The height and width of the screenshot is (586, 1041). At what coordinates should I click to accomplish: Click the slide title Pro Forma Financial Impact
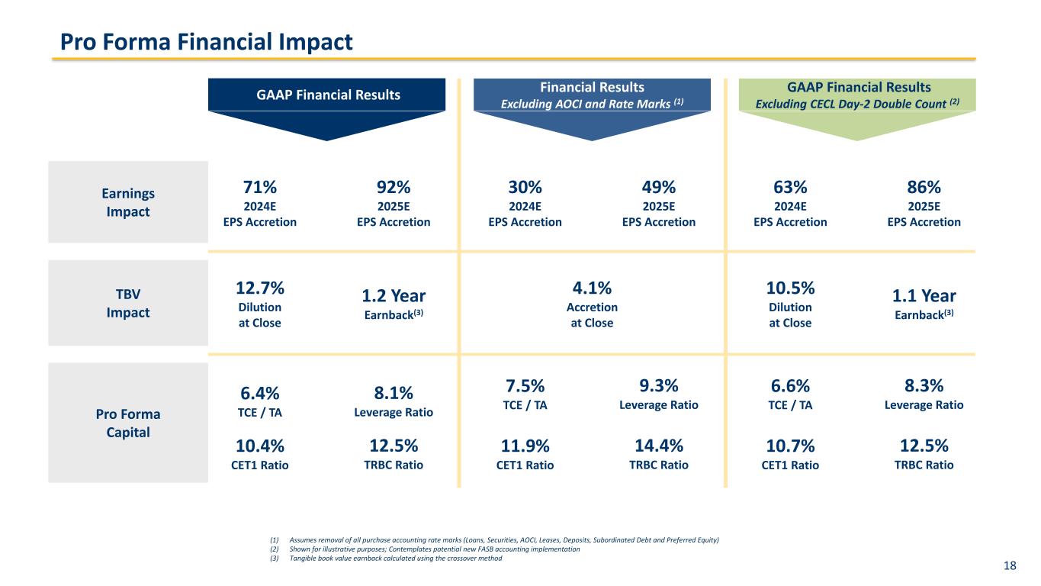(207, 42)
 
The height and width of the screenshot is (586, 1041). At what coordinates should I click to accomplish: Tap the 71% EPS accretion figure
(260, 187)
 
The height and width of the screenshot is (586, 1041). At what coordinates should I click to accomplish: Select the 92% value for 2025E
(394, 187)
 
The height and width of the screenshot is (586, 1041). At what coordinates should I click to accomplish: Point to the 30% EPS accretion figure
(525, 187)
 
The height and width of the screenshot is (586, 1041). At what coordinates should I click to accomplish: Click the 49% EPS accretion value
(659, 187)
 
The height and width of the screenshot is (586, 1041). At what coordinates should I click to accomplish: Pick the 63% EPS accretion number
(790, 187)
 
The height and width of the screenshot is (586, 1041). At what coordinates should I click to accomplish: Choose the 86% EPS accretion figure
(924, 187)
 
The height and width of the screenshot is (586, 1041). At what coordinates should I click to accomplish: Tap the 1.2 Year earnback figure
(394, 295)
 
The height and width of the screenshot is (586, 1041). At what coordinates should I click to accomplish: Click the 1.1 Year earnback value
(924, 295)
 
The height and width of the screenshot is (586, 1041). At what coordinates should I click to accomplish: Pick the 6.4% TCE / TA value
(260, 393)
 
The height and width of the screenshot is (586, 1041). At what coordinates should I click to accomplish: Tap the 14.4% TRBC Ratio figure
(659, 446)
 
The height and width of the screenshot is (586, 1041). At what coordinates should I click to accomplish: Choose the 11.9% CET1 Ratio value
(525, 446)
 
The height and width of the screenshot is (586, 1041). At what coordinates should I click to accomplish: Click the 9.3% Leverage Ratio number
(659, 385)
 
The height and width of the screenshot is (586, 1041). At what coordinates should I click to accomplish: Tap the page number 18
(1010, 565)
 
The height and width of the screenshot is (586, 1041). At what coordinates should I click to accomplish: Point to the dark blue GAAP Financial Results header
(327, 95)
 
